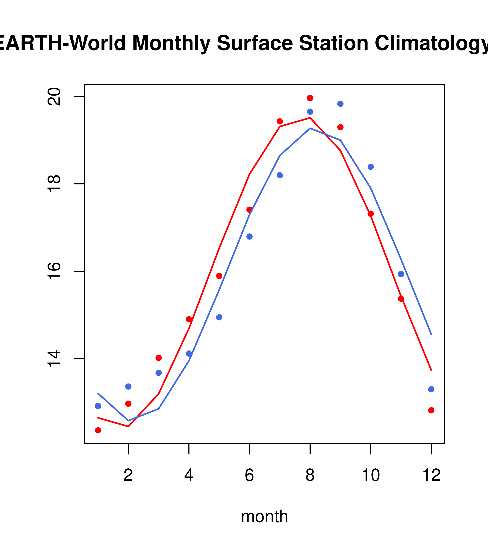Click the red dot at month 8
pyautogui.click(x=310, y=98)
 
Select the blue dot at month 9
pyautogui.click(x=340, y=104)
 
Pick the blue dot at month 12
pyautogui.click(x=431, y=389)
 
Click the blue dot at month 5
pyautogui.click(x=219, y=317)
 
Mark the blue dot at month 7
pyautogui.click(x=280, y=175)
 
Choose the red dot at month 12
pyautogui.click(x=431, y=410)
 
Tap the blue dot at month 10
pyautogui.click(x=371, y=167)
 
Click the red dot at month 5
pyautogui.click(x=219, y=276)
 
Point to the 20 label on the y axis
pyautogui.click(x=54, y=96)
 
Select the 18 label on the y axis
pyautogui.click(x=54, y=184)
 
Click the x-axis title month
pyautogui.click(x=264, y=516)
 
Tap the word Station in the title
pyautogui.click(x=333, y=43)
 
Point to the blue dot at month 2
pyautogui.click(x=128, y=386)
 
